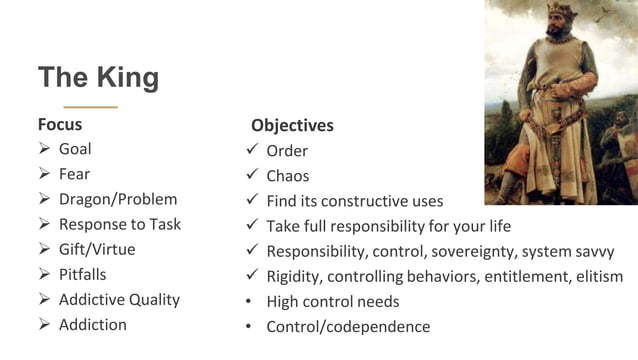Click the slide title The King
[98, 77]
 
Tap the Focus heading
[60, 125]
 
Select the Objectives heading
[292, 126]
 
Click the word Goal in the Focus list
[75, 149]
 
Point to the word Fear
[74, 174]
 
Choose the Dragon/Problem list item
[117, 199]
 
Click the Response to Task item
[120, 224]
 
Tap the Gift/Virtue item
[97, 249]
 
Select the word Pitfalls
[82, 274]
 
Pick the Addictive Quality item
[119, 299]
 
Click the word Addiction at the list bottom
[93, 324]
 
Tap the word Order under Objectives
[287, 151]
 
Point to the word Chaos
[288, 176]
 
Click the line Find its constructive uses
[354, 201]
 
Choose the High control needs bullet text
[332, 301]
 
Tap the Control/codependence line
[348, 326]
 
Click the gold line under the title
[90, 106]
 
